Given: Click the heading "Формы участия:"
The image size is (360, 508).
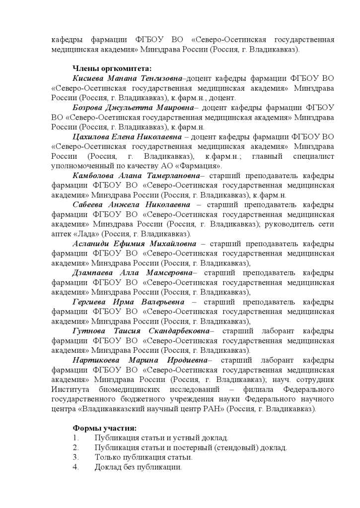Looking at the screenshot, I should (104, 428).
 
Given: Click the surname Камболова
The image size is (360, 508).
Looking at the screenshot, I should (94, 176).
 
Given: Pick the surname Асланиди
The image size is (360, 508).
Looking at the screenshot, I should (91, 244).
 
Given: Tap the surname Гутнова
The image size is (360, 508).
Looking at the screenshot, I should (88, 330).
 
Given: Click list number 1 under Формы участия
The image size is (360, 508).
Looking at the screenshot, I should (75, 438).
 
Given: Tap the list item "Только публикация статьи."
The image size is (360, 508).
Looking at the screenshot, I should (144, 457).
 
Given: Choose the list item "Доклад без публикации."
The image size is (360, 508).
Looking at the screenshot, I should (138, 467).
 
